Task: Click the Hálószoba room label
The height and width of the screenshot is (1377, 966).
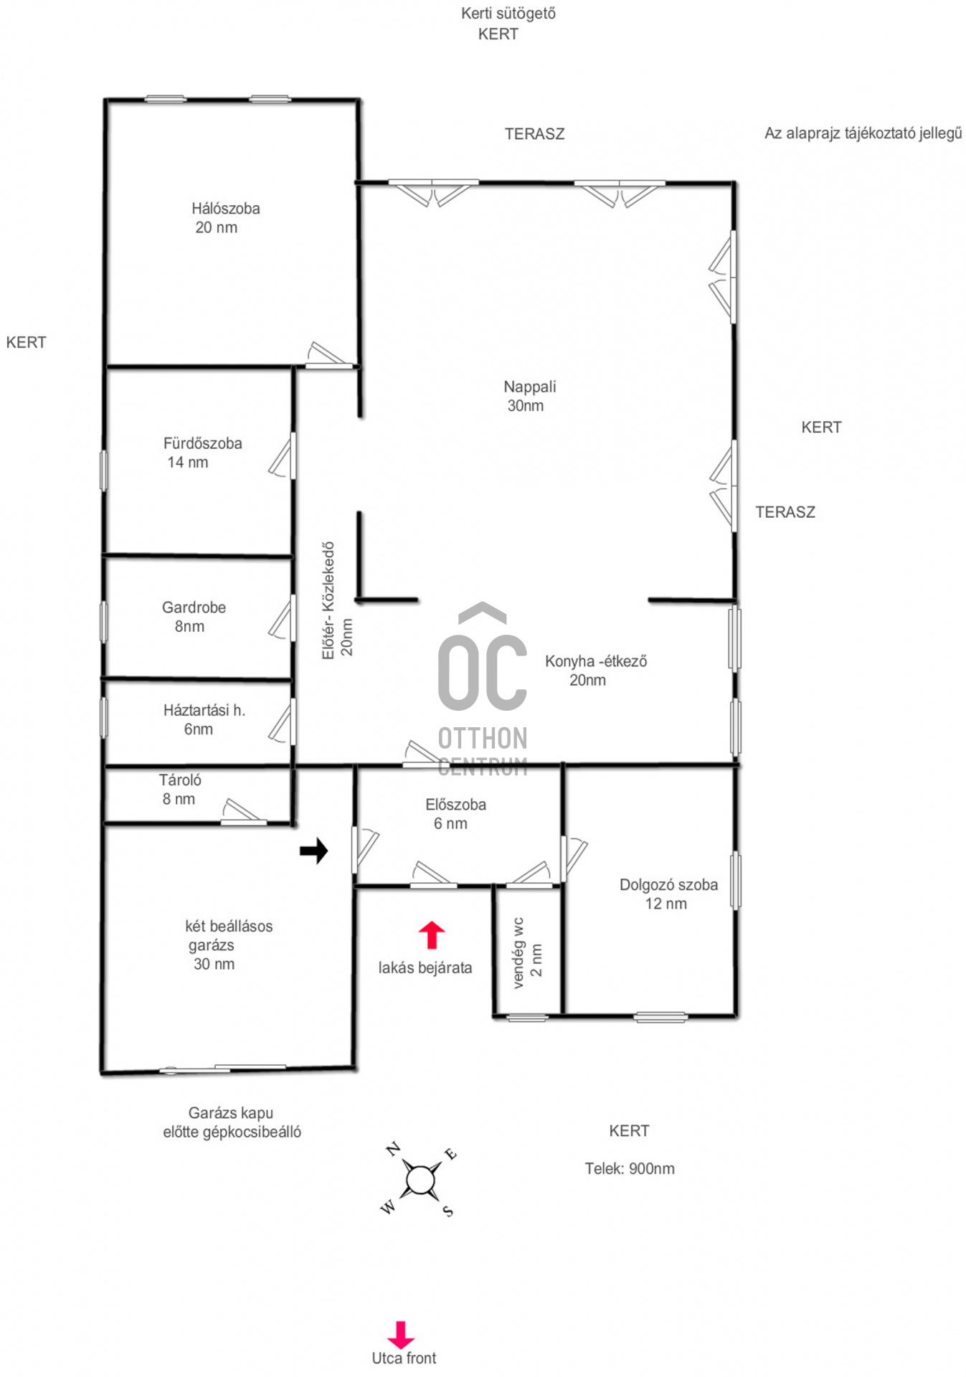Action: [x=225, y=218]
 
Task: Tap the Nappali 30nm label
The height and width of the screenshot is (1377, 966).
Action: [x=529, y=396]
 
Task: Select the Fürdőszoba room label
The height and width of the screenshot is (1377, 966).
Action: [x=202, y=453]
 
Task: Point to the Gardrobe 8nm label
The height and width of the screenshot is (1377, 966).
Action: [x=194, y=617]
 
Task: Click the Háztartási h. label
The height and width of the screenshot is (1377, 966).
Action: [x=204, y=719]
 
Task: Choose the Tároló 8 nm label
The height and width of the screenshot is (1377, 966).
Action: [x=180, y=789]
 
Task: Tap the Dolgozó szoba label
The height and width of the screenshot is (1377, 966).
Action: [x=668, y=894]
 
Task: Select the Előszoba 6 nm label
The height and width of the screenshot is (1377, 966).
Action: [x=455, y=814]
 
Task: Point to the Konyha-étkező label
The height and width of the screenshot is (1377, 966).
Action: [x=595, y=670]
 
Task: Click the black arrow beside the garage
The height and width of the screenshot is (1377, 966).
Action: [x=313, y=851]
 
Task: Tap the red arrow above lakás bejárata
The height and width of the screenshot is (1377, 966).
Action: [x=432, y=935]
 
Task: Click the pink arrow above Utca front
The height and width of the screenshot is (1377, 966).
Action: [x=401, y=1335]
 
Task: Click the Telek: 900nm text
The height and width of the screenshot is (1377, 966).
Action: [x=630, y=1168]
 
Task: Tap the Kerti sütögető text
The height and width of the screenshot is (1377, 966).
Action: [x=508, y=14]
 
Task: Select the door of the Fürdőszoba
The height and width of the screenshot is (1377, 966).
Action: [x=283, y=456]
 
